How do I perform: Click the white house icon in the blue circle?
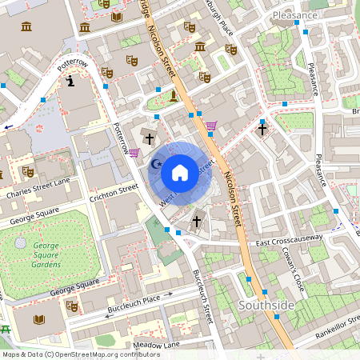point(180,172)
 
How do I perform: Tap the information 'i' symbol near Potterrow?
point(71,81)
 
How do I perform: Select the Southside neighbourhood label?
point(266,306)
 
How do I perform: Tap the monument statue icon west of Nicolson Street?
point(173,97)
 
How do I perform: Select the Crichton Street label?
point(114,193)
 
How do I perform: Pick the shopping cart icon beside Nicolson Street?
point(211,125)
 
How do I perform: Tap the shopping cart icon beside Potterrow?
point(134,152)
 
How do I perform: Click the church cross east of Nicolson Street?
point(262,128)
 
